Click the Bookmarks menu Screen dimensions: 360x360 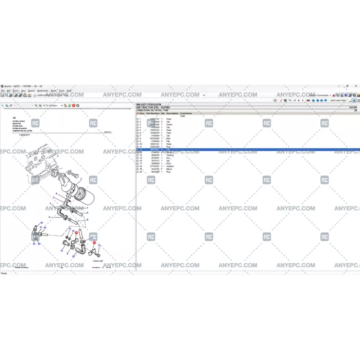pyautogui.click(x=43, y=90)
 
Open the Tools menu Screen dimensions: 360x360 pyautogui.click(x=62, y=90)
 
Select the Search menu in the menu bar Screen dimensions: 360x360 pyautogui.click(x=31, y=90)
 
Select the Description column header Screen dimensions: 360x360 pyautogui.click(x=172, y=113)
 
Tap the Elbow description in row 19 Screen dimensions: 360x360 pyautogui.click(x=169, y=169)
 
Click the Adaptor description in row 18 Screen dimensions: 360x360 pyautogui.click(x=170, y=166)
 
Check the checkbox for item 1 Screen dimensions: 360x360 pyautogui.click(x=137, y=119)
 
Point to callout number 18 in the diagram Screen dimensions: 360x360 pyautogui.click(x=42, y=223)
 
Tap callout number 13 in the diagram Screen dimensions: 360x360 pyautogui.click(x=99, y=245)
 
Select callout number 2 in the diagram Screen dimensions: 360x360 pyautogui.click(x=49, y=217)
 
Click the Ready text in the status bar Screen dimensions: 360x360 pyautogui.click(x=4, y=273)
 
